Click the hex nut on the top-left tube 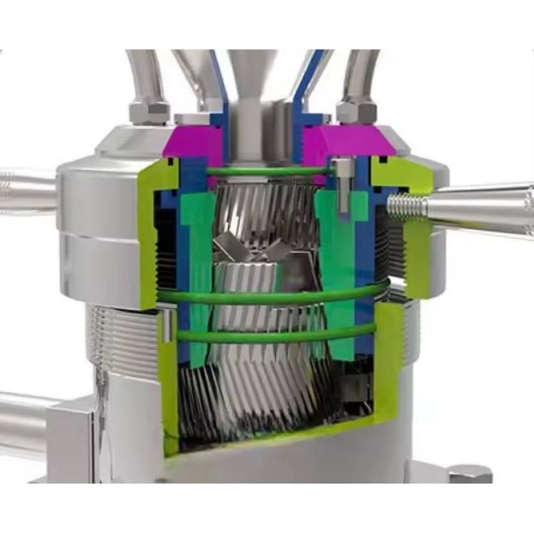pyautogui.click(x=149, y=112)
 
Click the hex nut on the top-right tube pyautogui.click(x=356, y=111)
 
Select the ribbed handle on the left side pyautogui.click(x=26, y=191)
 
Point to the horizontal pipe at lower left pyautogui.click(x=30, y=423)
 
